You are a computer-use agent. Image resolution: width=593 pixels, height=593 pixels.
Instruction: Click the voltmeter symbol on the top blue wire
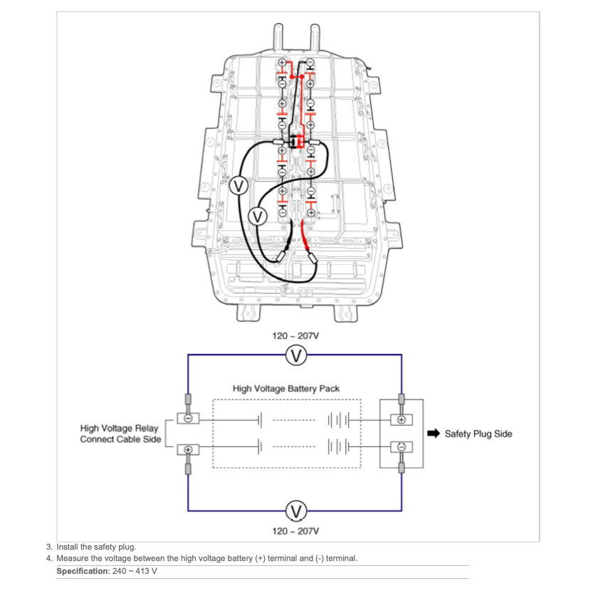click(295, 355)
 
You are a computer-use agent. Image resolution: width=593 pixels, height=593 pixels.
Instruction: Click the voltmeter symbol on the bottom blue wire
click(295, 510)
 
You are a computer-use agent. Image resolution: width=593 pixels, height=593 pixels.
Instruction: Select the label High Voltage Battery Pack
click(286, 389)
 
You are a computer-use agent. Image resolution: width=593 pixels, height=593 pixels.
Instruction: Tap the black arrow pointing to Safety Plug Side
click(432, 433)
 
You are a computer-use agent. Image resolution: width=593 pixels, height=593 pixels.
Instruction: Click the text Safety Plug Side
click(478, 434)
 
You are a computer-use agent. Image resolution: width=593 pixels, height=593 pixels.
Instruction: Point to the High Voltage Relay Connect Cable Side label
click(120, 434)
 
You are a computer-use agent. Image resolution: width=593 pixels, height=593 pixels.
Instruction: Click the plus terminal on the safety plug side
click(402, 420)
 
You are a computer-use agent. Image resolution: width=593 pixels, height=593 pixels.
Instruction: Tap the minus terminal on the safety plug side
click(402, 446)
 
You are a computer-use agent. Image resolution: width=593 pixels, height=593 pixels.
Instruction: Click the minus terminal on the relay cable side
click(188, 418)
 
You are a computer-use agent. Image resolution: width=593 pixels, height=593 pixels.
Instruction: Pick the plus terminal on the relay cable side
click(188, 449)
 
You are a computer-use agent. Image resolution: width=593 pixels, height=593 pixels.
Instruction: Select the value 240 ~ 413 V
click(136, 572)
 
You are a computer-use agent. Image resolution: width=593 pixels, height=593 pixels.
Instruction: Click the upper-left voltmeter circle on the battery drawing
click(239, 187)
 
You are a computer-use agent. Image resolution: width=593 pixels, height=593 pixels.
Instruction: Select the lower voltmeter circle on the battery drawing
click(258, 214)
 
